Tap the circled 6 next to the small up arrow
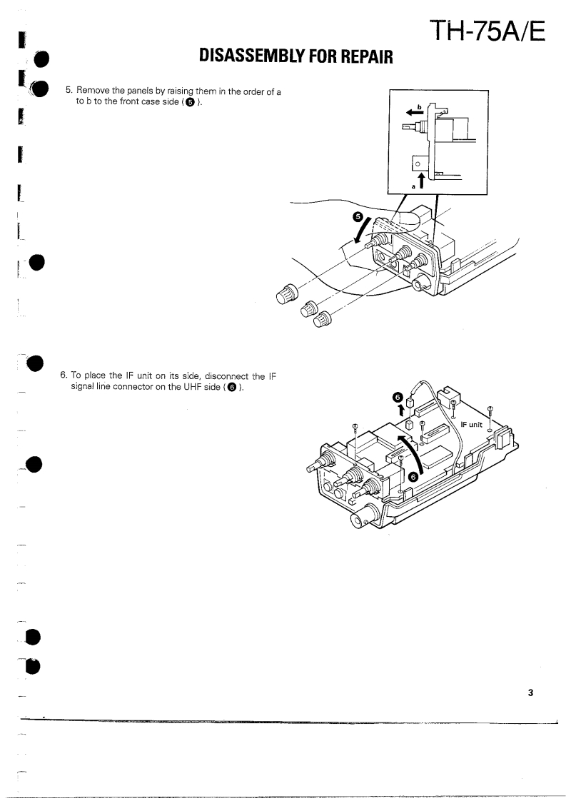pyautogui.click(x=400, y=396)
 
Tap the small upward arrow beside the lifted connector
pyautogui.click(x=401, y=410)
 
